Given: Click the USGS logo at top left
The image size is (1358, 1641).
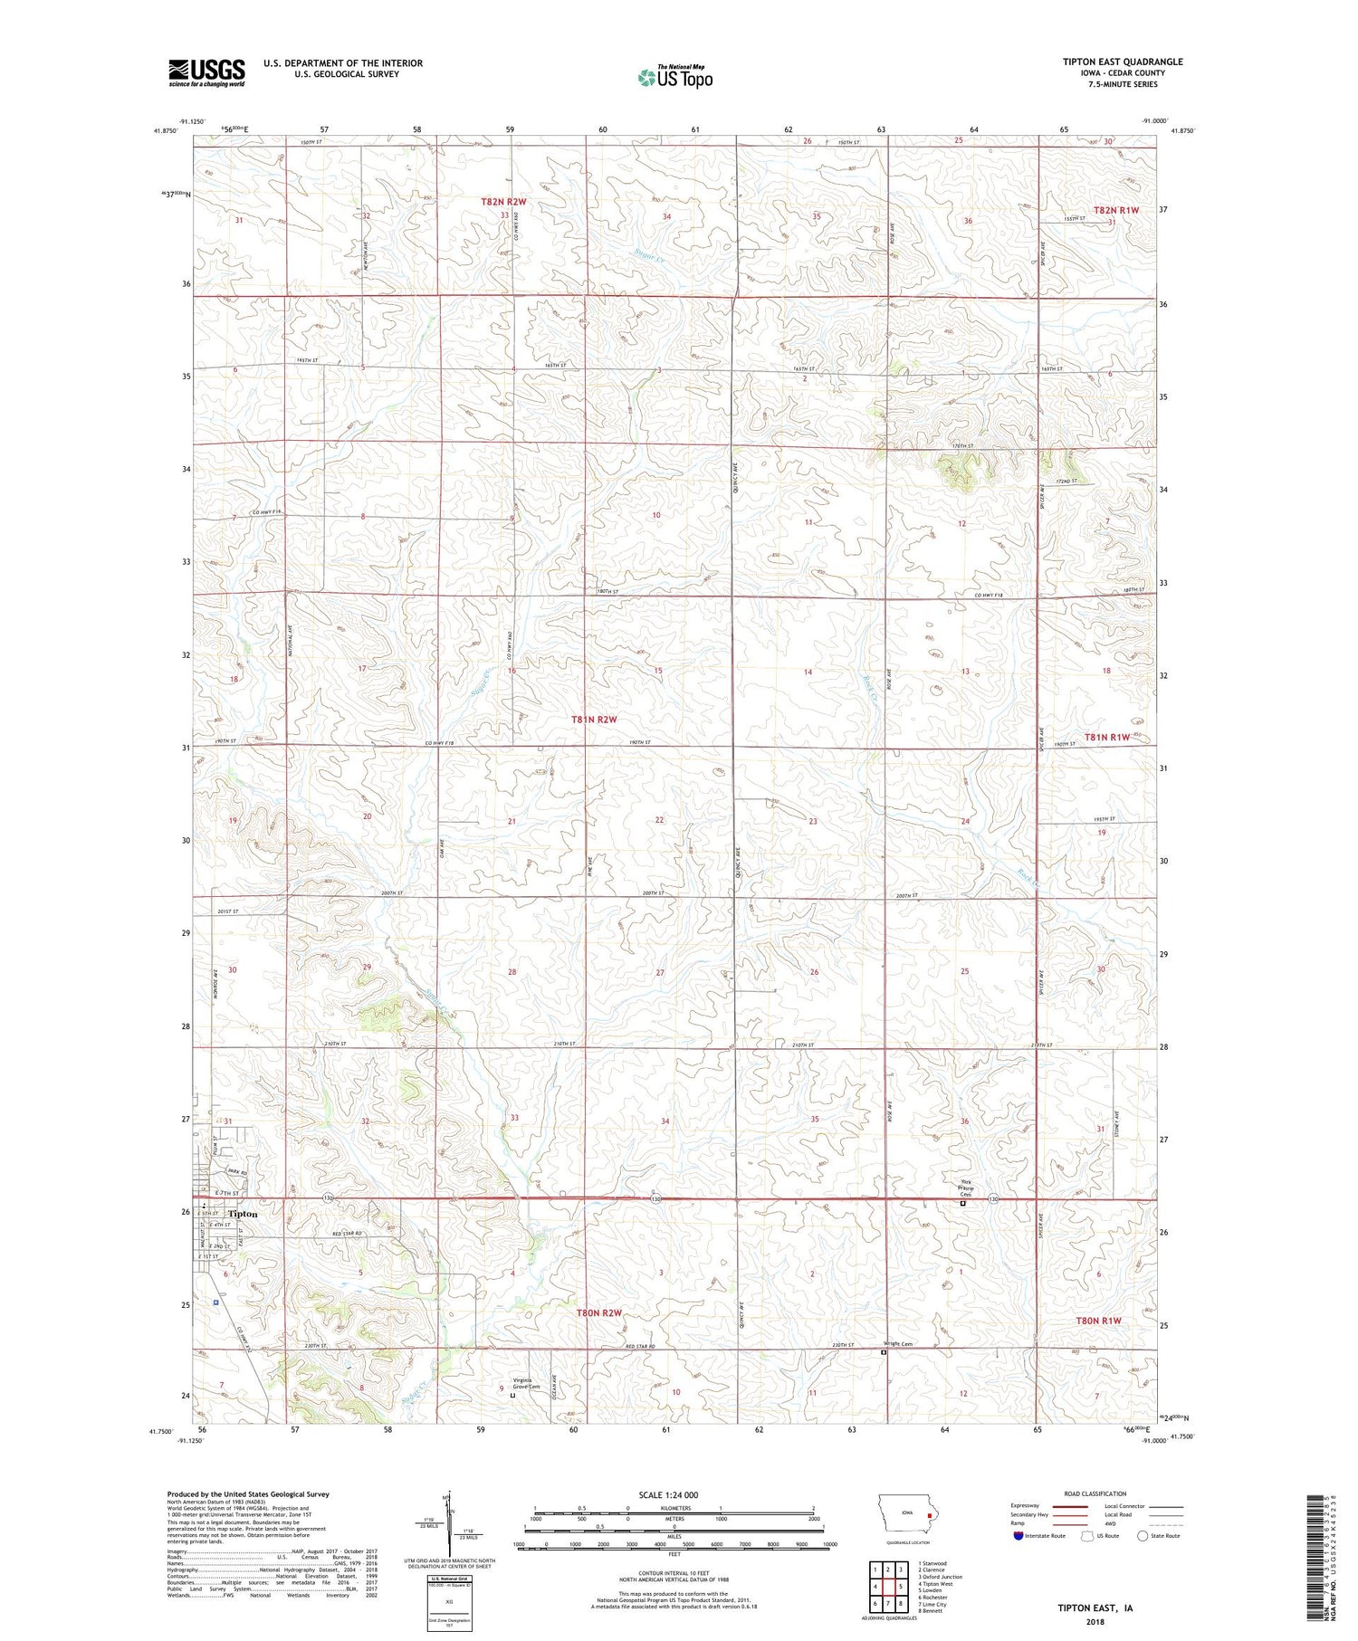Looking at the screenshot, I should tap(206, 72).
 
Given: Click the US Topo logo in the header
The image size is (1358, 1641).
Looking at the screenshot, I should tap(674, 77).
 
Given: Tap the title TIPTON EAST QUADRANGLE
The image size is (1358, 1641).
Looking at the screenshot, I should tap(1122, 62).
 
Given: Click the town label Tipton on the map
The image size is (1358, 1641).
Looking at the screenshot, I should tap(242, 1214).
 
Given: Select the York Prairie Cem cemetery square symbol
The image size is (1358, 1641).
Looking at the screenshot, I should tap(962, 1204).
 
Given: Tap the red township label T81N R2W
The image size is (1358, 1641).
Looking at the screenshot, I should tap(593, 720).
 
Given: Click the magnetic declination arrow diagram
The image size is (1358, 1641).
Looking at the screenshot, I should tap(447, 1516).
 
